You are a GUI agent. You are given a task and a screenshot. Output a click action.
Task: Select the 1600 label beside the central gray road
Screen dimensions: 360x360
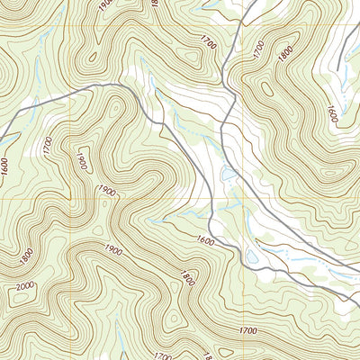coord(203,240)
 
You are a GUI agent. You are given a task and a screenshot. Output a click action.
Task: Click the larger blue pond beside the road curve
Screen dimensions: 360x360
coord(254,258)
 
